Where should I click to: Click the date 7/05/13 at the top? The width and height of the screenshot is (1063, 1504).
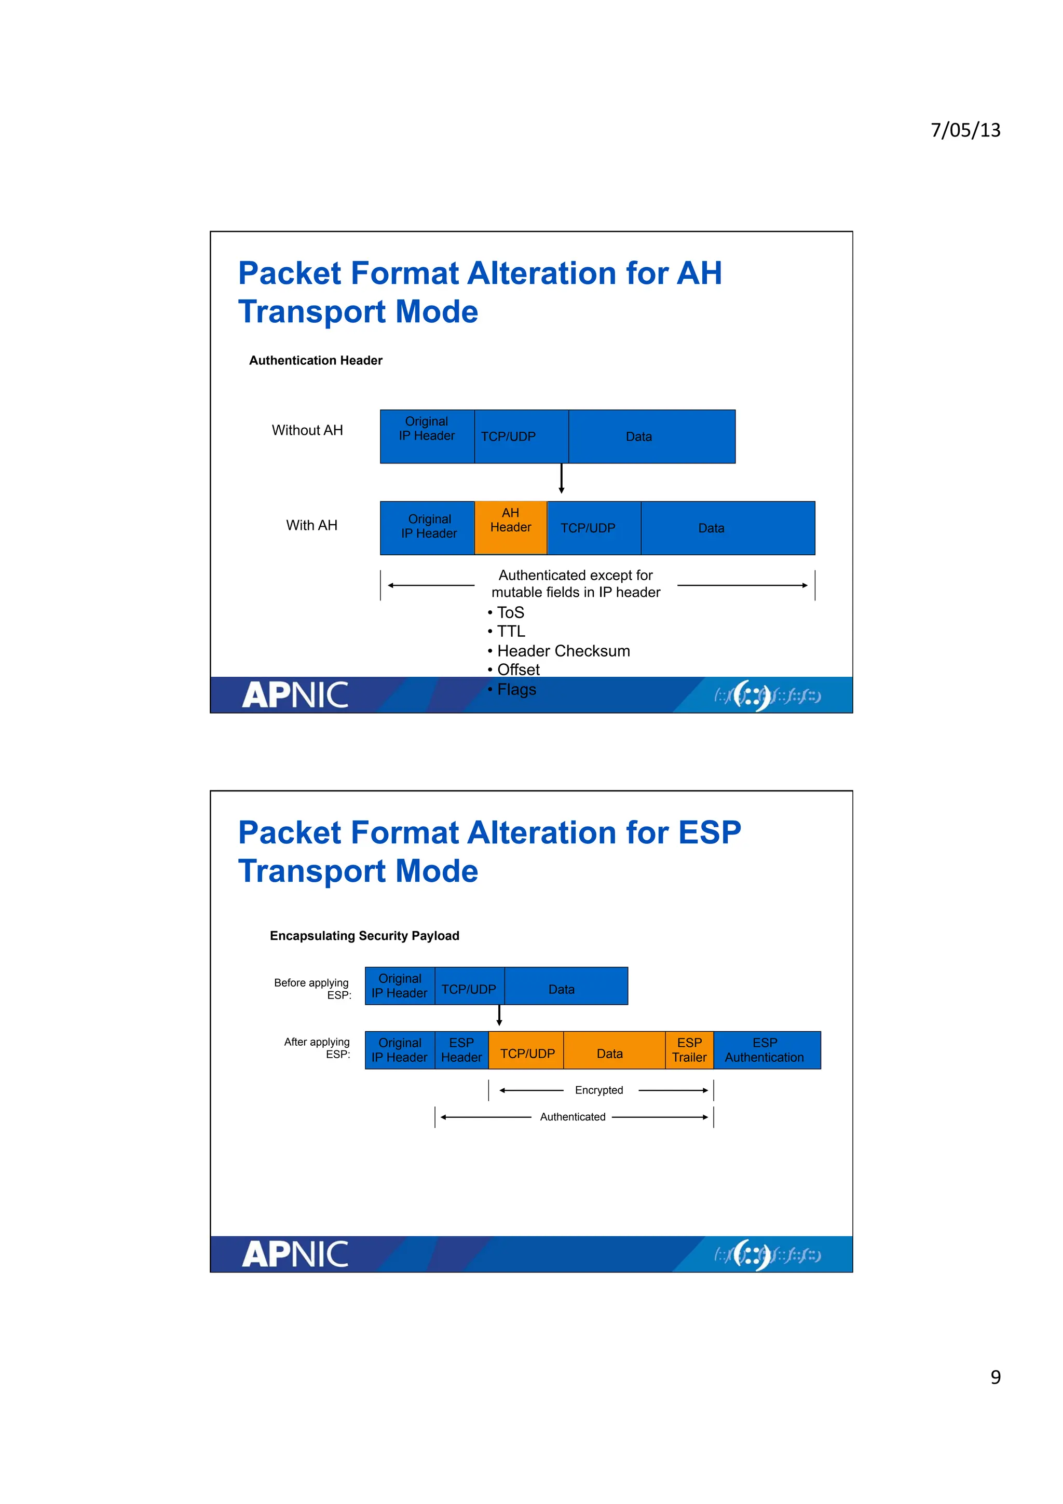(x=965, y=130)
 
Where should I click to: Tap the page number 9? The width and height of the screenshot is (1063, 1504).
(x=995, y=1377)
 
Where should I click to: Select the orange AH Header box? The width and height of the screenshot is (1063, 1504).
(x=510, y=527)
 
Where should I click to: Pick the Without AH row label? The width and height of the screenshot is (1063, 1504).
(x=307, y=430)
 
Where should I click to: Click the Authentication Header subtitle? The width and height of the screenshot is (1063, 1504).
(x=316, y=360)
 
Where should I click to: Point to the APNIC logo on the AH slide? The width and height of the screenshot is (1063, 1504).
(x=295, y=695)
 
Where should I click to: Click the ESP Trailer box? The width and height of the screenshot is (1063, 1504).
(x=689, y=1050)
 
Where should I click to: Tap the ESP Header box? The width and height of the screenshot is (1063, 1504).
(x=461, y=1050)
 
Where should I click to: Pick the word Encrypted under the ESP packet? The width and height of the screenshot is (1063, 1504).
(x=598, y=1090)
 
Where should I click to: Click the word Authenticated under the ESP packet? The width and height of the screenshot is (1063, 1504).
(x=573, y=1117)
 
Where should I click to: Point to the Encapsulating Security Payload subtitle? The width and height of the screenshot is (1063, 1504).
(x=364, y=935)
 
